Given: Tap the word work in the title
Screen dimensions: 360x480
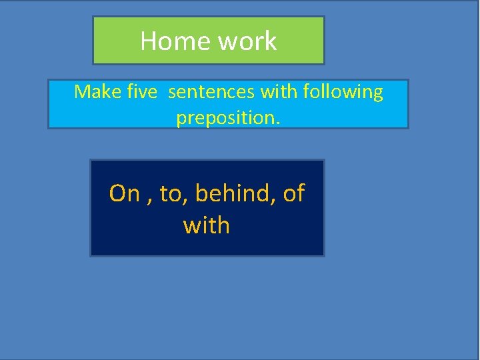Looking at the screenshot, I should click(247, 41).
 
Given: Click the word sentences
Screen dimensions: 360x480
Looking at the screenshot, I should click(210, 91).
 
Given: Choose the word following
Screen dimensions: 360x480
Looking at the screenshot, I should click(343, 92).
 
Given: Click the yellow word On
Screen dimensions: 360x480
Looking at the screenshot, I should click(125, 193).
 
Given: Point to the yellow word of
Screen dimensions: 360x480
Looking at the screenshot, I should click(294, 193).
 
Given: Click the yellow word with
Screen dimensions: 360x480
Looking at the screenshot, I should click(207, 225).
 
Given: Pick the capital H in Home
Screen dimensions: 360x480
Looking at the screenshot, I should click(149, 41).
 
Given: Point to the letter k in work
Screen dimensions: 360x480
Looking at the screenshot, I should click(270, 41).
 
